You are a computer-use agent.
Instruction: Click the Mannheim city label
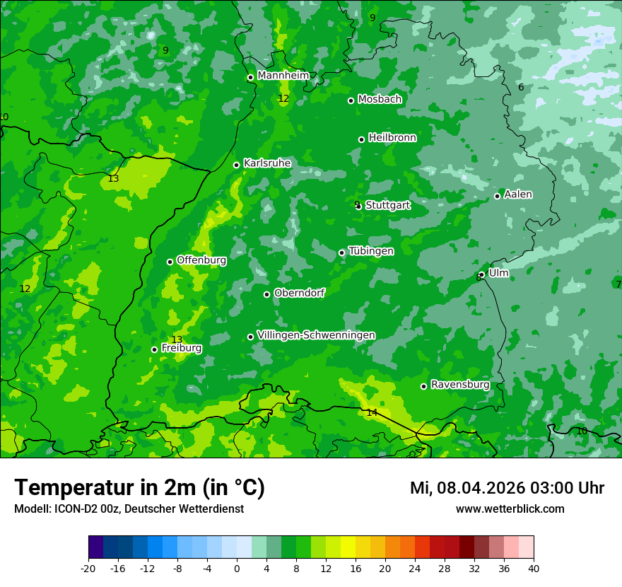click(283, 76)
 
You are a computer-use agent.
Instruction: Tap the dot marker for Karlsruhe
click(237, 165)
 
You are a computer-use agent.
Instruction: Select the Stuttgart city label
click(387, 205)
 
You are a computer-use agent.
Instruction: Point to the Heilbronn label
click(392, 138)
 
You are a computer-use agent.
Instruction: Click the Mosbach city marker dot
click(351, 100)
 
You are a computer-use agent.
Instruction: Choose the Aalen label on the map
click(518, 194)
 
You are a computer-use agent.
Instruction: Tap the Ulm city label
click(498, 273)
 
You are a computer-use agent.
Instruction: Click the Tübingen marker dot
click(342, 252)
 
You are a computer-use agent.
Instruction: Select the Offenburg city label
click(201, 260)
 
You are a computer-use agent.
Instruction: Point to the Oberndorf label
click(299, 293)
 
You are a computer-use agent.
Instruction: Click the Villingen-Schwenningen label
click(316, 335)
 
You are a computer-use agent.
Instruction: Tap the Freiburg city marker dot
click(154, 349)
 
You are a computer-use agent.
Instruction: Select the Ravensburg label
click(460, 385)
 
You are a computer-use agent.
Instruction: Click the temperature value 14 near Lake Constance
click(372, 412)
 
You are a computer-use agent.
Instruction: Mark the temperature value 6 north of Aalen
click(521, 87)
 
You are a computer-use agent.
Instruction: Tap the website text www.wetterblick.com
click(510, 508)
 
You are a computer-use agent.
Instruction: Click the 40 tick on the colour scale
click(533, 568)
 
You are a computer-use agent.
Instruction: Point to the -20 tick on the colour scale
click(88, 568)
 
